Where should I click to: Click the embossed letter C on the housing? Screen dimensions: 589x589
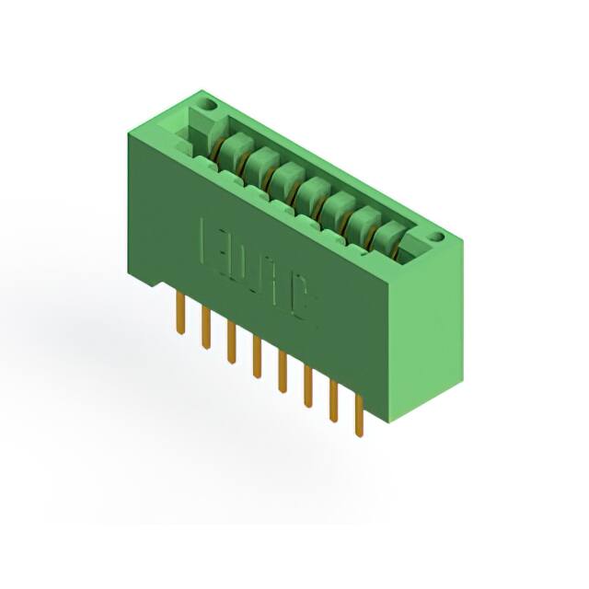pyautogui.click(x=303, y=305)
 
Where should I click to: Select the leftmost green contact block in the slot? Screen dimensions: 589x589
pyautogui.click(x=233, y=145)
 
